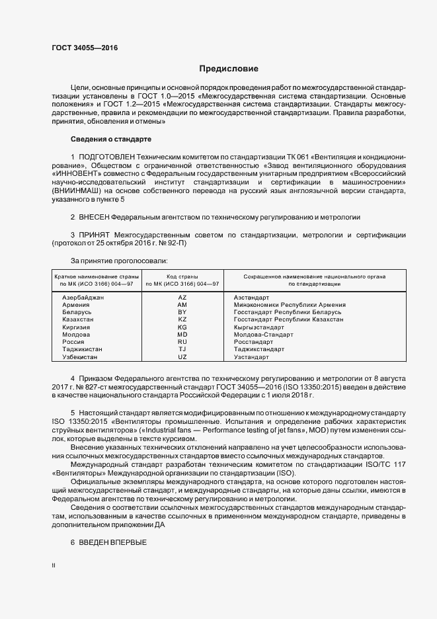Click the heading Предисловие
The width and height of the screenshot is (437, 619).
pyautogui.click(x=229, y=69)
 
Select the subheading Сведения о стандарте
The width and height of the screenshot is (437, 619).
pyautogui.click(x=111, y=140)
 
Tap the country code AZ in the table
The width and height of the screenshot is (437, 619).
pyautogui.click(x=182, y=298)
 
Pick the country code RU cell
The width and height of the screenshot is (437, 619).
pyautogui.click(x=182, y=342)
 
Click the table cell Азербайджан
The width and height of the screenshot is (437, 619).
pyautogui.click(x=83, y=298)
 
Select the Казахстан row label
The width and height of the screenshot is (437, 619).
pyautogui.click(x=78, y=319)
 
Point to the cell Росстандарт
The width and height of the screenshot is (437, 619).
pyautogui.click(x=253, y=342)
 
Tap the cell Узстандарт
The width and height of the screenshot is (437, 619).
pyautogui.click(x=251, y=357)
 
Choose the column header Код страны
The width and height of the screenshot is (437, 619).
pyautogui.click(x=182, y=276)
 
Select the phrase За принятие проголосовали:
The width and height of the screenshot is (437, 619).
pyautogui.click(x=114, y=261)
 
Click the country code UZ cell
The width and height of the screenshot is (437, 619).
pyautogui.click(x=182, y=357)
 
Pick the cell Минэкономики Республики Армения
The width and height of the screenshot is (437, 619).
pyautogui.click(x=290, y=305)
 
